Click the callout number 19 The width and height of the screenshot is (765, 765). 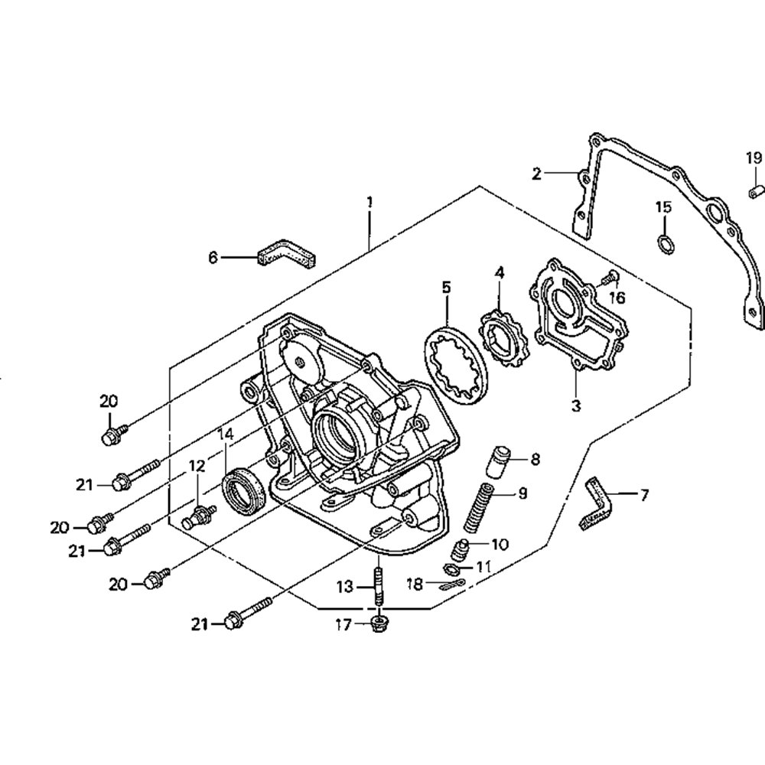tap(754, 158)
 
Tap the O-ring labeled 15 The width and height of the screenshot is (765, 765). tap(666, 244)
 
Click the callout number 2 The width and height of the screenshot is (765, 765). tap(537, 174)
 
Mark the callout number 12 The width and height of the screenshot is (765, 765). tap(197, 464)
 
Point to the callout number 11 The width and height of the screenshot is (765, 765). tap(483, 567)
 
